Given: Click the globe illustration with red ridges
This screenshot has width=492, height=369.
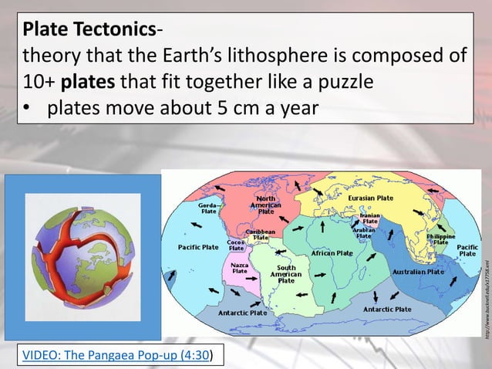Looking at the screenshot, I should (x=83, y=256).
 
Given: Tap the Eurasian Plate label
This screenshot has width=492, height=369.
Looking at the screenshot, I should (x=370, y=198).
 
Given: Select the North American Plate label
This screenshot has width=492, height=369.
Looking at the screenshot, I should (x=265, y=205).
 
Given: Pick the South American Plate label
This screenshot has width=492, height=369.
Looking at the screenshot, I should (x=285, y=274).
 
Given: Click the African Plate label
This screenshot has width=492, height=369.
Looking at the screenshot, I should (x=332, y=253).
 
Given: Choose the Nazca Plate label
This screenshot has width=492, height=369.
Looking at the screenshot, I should (x=240, y=267).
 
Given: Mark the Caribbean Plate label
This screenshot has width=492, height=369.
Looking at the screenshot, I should (x=261, y=233).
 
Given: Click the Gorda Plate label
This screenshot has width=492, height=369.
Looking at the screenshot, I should (x=208, y=208).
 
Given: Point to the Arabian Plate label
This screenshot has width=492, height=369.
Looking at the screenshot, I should (x=363, y=232).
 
